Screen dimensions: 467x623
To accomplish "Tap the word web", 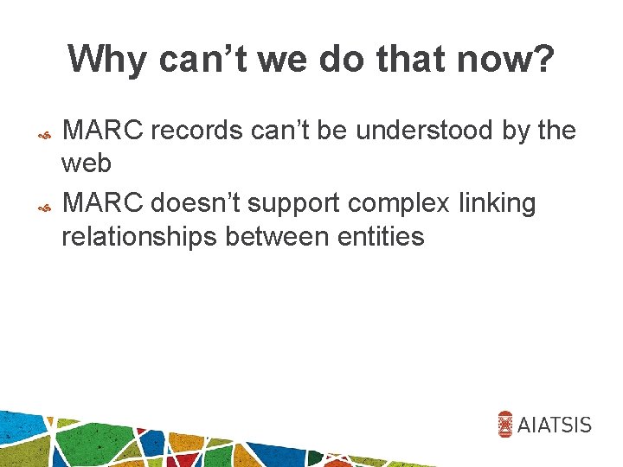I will click(x=86, y=163).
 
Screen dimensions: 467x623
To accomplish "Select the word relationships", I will click(x=138, y=237).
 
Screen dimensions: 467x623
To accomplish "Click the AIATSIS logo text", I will click(x=555, y=424).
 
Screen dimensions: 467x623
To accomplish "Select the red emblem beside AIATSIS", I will click(x=506, y=424).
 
